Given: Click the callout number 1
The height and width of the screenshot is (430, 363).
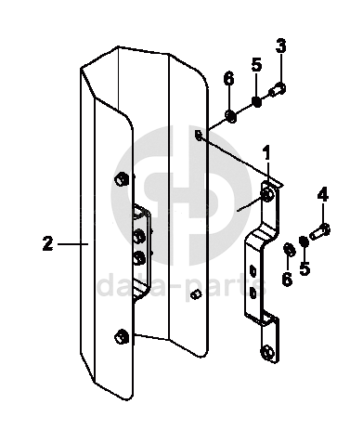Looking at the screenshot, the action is [266, 153].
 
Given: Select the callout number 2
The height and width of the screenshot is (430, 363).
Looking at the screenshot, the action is [48, 243].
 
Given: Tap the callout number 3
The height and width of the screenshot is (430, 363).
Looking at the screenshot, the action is [281, 46].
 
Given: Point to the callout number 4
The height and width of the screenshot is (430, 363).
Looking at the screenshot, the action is [323, 195].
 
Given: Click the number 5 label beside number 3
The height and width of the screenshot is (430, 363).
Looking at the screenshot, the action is [256, 66].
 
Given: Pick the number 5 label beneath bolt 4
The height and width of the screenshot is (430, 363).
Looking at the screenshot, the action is [305, 267].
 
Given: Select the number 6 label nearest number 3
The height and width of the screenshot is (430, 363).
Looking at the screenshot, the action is [228, 79].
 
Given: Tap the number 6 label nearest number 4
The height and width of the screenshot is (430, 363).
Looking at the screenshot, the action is [287, 280].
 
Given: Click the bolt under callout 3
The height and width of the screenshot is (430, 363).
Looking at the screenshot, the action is [278, 90].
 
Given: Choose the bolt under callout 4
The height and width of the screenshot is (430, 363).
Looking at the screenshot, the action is [320, 232].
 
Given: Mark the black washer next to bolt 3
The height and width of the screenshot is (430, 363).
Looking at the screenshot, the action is [256, 101].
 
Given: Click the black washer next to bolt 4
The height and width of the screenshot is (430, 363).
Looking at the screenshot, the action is [304, 241].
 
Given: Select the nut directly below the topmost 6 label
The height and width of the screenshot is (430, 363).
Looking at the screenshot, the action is [231, 116].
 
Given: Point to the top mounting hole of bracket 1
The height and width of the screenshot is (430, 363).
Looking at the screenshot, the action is [267, 195].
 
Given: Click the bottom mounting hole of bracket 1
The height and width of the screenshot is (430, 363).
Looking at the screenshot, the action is [266, 353].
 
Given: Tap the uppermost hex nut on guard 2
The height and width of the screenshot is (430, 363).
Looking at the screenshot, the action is [122, 179].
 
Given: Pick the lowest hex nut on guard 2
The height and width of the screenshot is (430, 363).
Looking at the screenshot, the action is [122, 336].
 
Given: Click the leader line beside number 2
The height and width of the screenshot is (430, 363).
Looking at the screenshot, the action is [73, 244].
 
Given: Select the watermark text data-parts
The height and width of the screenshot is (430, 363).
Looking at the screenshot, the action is [182, 286].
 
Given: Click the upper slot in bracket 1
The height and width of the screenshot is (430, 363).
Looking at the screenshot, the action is [253, 271].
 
